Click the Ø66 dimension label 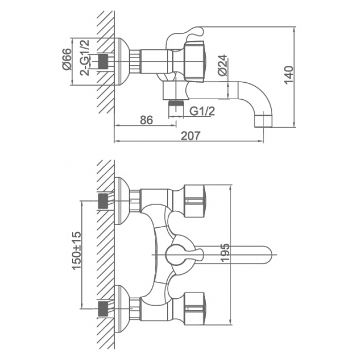(67, 59)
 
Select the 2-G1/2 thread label (85, 58)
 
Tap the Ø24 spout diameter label (223, 65)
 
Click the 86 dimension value (146, 120)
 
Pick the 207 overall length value (191, 136)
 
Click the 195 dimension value (225, 253)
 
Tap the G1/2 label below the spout (202, 112)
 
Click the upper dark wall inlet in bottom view (103, 201)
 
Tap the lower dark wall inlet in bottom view (103, 309)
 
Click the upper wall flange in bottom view (122, 201)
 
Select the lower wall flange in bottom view (122, 309)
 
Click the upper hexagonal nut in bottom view (194, 201)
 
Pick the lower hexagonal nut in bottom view (194, 309)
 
